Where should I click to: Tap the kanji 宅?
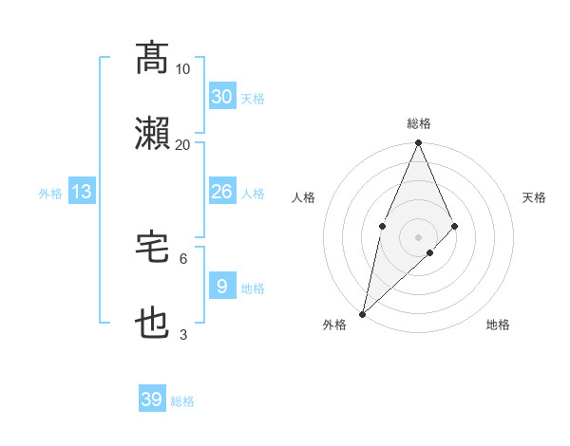tap(153, 248)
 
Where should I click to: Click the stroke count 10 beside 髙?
tap(183, 69)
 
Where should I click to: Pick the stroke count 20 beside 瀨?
tap(183, 145)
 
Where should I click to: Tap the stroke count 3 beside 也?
tap(183, 334)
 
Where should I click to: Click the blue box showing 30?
tap(221, 97)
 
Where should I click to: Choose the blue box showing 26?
tap(221, 192)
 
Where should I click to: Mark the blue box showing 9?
tap(221, 286)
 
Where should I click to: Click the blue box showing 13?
tap(82, 192)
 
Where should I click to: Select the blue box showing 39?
tap(152, 400)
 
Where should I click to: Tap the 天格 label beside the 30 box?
tap(253, 99)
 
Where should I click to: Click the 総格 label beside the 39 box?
tap(183, 401)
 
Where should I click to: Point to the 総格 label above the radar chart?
tap(419, 123)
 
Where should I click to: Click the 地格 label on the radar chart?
tap(498, 325)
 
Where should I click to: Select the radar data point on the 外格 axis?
tap(362, 314)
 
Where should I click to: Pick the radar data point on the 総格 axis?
tap(419, 143)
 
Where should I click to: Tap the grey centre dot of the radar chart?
tap(419, 236)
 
